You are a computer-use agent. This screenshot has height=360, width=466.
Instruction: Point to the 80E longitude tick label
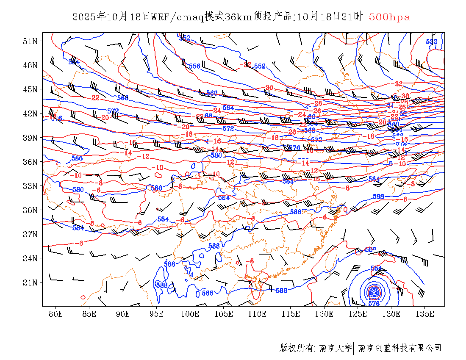56,314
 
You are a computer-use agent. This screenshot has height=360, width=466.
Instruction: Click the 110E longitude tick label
257,314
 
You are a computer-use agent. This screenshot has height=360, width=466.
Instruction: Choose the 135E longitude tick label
425,314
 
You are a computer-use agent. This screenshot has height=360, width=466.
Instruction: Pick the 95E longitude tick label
157,314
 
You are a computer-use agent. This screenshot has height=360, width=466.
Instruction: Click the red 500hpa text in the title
389,17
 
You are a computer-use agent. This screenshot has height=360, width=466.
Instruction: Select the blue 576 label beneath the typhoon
374,303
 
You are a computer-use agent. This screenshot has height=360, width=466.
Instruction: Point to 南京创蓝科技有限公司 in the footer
400,348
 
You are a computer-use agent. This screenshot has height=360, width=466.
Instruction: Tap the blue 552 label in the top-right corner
431,42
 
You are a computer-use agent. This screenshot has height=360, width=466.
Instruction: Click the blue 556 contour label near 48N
194,66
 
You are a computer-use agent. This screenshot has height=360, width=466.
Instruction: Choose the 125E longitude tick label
358,314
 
